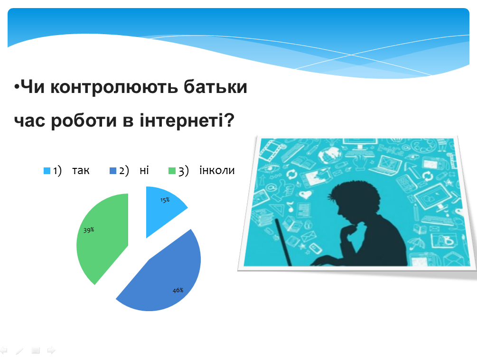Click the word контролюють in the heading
[x=114, y=87]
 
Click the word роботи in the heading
[x=84, y=120]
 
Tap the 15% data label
[x=165, y=200]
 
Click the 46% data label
[x=178, y=290]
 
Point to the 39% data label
[x=89, y=230]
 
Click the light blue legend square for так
[x=47, y=171]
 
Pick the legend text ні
[x=144, y=170]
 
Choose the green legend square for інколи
[x=172, y=171]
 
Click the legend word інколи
[x=217, y=170]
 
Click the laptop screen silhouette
[x=283, y=242]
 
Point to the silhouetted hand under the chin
[x=349, y=231]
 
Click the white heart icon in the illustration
[x=305, y=194]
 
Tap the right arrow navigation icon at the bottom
[x=51, y=351]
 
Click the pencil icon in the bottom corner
[x=19, y=351]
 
